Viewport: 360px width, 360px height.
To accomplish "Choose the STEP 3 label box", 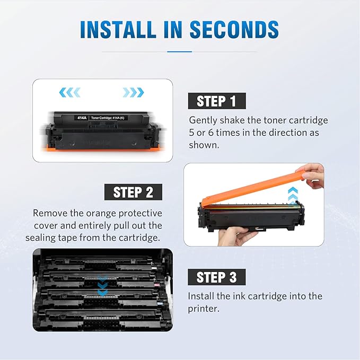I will point(217,277).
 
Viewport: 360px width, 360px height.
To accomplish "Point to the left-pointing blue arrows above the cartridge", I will point(69,92).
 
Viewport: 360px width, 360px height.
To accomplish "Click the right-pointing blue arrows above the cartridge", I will point(133,92).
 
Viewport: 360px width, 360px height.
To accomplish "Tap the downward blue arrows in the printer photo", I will point(102,287).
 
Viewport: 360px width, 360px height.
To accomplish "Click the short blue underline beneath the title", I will point(179,51).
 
